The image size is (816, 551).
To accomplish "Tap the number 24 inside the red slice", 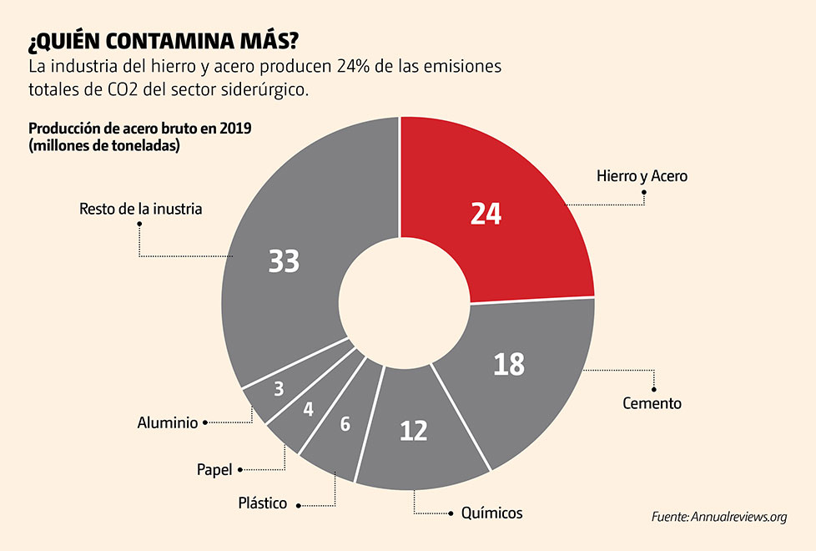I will point(485,214).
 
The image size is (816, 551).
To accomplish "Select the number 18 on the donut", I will point(508,364).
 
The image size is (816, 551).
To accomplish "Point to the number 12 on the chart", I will point(413,431).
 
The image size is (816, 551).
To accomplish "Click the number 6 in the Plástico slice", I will point(345,424).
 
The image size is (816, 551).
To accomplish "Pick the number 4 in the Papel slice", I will point(308,410).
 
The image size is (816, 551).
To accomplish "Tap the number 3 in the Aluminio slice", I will point(279,389).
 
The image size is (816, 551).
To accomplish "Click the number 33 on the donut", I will point(284,261).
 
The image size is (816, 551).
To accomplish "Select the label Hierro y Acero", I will point(642,176).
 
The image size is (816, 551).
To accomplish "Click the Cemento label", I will point(652,403).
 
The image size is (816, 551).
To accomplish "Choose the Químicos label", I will point(491,513).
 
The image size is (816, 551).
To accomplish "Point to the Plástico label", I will point(262,503).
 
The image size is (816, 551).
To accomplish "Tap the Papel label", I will point(214,470).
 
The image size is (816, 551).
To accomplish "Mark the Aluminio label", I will point(167,423).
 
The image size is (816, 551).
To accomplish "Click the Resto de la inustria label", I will point(140,209).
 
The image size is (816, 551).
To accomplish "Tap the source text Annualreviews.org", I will point(738,517).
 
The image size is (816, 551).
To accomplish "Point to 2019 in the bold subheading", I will point(233,129).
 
